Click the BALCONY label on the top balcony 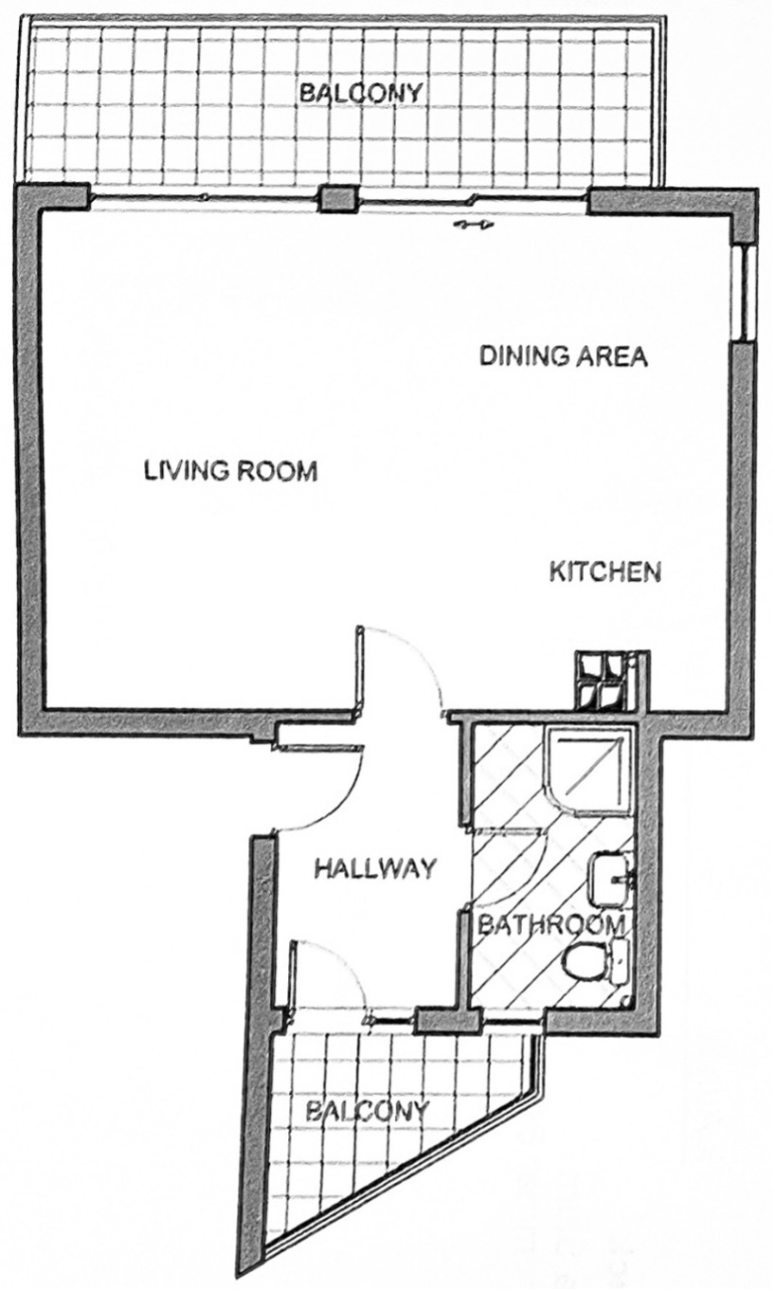(360, 94)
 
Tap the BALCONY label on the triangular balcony (369, 1110)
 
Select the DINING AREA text (563, 356)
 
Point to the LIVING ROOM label (230, 470)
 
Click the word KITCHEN (604, 573)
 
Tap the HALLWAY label (375, 867)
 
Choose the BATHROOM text (550, 924)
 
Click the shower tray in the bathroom (589, 768)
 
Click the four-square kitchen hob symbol (599, 682)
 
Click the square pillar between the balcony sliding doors (336, 199)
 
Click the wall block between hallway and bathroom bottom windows (445, 1021)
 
